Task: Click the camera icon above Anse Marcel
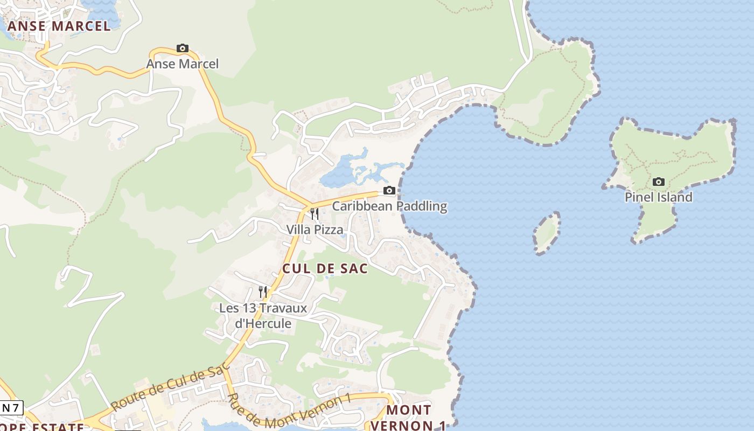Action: (183, 48)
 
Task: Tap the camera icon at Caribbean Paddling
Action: (389, 190)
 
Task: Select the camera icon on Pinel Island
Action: (658, 182)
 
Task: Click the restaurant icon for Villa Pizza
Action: (315, 214)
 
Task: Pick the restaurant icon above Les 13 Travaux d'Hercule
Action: (263, 292)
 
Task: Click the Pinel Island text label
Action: (658, 197)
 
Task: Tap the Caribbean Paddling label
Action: (389, 206)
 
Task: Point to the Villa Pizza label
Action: (315, 230)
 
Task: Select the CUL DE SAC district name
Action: (325, 268)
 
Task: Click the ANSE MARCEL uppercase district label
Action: (59, 26)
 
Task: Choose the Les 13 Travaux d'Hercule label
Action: (263, 316)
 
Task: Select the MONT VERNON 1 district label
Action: (416, 418)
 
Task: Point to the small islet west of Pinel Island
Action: (547, 233)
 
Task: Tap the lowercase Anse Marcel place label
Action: (183, 64)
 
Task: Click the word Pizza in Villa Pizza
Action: (329, 230)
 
